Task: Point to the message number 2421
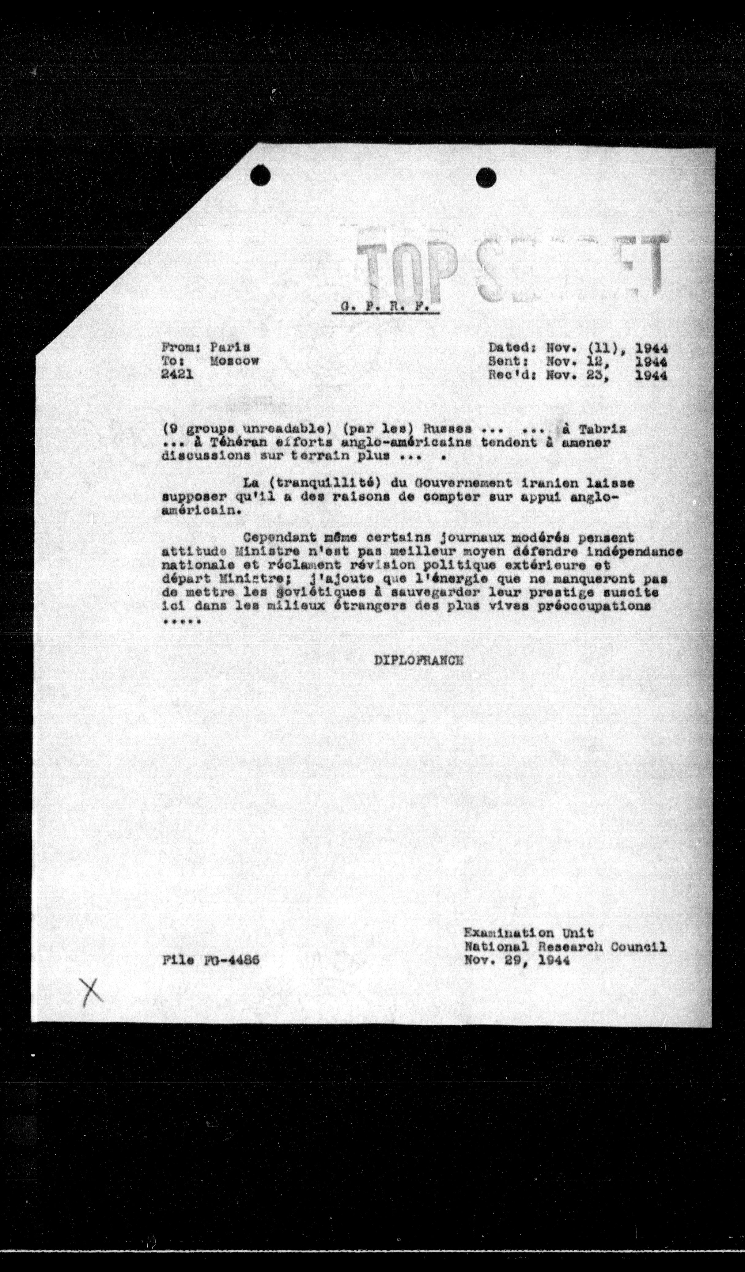pos(177,375)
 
